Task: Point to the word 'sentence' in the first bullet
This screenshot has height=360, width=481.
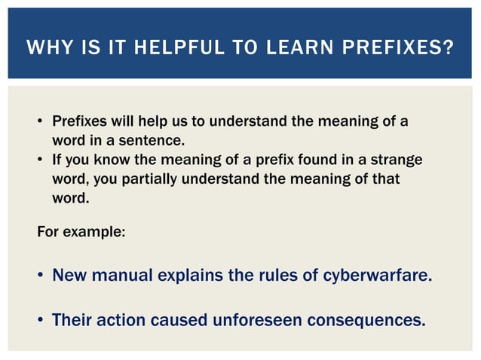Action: (x=155, y=141)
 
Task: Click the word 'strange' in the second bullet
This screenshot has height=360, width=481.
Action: (x=396, y=160)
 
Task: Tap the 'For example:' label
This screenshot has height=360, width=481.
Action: (x=81, y=230)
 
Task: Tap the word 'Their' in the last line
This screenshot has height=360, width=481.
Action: (x=73, y=320)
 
